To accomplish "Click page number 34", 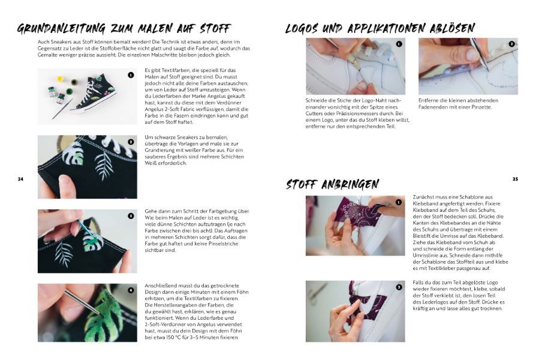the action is point(20,179).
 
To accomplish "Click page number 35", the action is point(515,179).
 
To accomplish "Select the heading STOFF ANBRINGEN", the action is point(332,184).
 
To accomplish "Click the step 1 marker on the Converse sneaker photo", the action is point(131,75).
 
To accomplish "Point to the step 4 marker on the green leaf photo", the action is point(131,290).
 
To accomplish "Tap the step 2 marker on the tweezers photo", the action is point(511,44).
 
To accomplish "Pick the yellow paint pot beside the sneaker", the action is point(60,79).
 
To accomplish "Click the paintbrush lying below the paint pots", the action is point(62,109).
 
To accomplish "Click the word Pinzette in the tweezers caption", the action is point(482,107).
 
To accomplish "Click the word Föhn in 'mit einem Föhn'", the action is point(242,292).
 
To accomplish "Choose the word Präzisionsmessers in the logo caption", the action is point(373,113).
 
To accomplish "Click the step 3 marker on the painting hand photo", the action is point(131,216).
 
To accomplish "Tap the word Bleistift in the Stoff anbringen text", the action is point(423,236).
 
